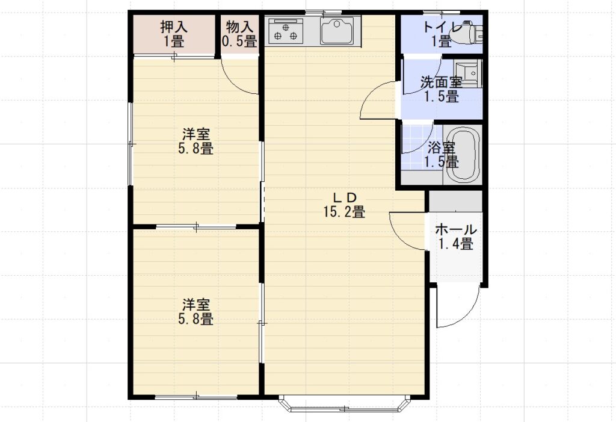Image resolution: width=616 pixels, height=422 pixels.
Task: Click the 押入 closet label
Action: (x=174, y=26)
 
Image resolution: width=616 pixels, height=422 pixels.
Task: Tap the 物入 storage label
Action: (x=239, y=26)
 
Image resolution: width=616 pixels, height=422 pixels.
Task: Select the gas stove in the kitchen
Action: (x=286, y=30)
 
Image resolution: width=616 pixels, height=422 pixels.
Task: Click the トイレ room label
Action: (x=442, y=27)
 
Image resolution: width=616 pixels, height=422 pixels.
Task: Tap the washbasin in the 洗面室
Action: (x=467, y=73)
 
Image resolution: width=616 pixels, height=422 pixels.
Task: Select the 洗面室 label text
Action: (x=441, y=82)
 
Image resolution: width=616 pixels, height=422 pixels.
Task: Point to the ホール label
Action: (x=456, y=229)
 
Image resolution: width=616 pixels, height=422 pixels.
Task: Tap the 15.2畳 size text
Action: (x=345, y=211)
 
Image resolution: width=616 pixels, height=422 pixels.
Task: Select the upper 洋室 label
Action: (x=196, y=134)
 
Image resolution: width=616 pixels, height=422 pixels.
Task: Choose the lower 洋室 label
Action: (x=196, y=304)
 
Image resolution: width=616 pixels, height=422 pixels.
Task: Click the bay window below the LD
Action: (x=345, y=403)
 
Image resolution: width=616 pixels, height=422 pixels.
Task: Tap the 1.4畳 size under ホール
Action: (x=456, y=244)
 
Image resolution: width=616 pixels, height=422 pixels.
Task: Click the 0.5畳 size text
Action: (x=239, y=41)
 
